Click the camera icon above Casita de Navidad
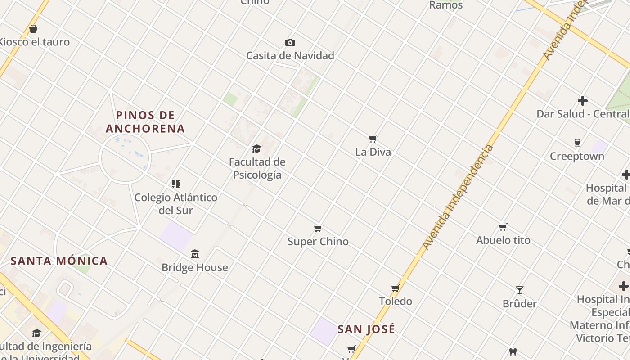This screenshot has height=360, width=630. (x=290, y=43)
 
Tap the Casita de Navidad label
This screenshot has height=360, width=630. (x=290, y=56)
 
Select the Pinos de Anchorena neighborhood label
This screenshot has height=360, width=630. (x=145, y=122)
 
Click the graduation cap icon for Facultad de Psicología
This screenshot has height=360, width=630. (x=256, y=148)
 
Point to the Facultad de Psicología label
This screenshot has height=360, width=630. (x=257, y=168)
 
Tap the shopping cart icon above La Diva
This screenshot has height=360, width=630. (x=373, y=139)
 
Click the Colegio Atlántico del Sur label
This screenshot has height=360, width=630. (x=176, y=204)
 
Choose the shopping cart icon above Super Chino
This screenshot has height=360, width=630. (x=318, y=228)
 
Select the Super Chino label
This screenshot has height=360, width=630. (x=318, y=242)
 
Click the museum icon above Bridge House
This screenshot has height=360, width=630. (x=195, y=254)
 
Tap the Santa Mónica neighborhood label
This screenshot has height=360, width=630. (x=59, y=261)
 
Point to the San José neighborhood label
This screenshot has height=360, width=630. (x=366, y=329)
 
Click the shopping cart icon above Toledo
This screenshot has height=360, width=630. (x=396, y=288)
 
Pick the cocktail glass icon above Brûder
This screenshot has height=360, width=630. (x=520, y=290)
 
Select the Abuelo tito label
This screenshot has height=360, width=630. (x=503, y=240)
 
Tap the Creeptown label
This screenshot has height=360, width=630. (x=577, y=157)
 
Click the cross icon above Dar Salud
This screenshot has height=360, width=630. (x=583, y=101)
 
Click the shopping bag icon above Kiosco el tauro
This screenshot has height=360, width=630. (x=33, y=29)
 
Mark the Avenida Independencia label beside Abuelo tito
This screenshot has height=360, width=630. (x=458, y=198)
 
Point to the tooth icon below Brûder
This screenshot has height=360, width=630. (x=513, y=352)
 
